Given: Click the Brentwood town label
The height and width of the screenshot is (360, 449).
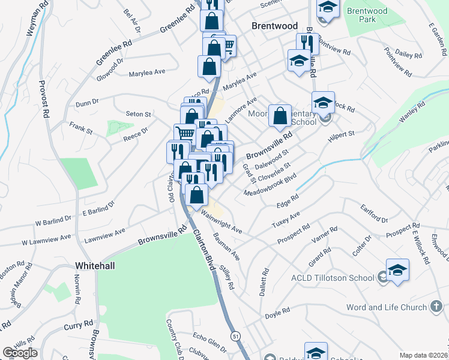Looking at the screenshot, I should pos(274,26).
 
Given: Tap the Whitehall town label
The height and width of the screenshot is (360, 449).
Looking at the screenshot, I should pos(95,265).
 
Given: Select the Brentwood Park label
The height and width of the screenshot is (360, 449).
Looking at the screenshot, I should pos(367,15).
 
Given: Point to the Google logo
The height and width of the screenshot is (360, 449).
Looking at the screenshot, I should pos(20,353).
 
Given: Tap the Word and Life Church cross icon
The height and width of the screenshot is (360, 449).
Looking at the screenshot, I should pos(438,308).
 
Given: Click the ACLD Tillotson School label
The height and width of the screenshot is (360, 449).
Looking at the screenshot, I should pos(333,277).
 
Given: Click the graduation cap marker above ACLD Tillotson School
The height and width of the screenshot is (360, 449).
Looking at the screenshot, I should pos(397,271).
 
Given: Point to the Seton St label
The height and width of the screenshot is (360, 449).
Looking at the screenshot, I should pos(138,113).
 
